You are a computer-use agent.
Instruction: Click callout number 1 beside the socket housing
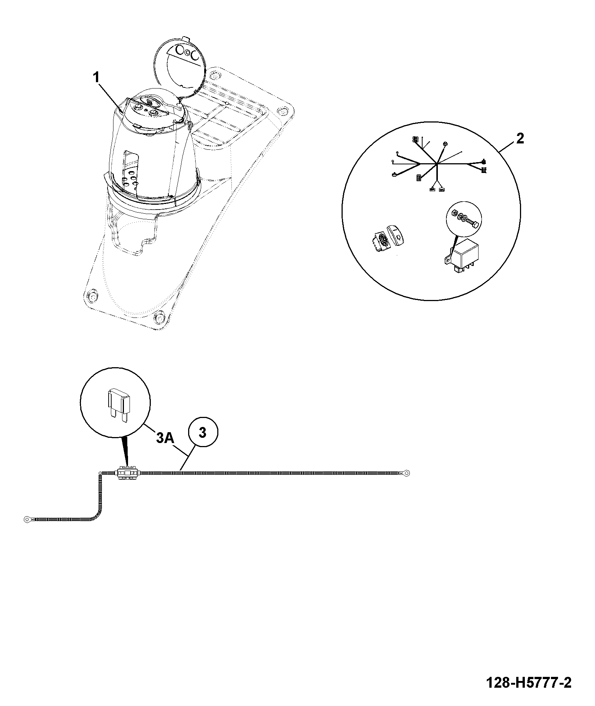(96, 78)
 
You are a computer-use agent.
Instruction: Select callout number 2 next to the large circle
(520, 139)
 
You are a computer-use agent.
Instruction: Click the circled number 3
(202, 433)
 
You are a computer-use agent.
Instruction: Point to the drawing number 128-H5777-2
(529, 683)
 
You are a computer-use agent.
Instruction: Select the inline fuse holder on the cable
(128, 473)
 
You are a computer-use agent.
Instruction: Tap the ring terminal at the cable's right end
(406, 473)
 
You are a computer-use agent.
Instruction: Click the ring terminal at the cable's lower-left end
(27, 518)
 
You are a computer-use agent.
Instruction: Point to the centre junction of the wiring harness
(436, 164)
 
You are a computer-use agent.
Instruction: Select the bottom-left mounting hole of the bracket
(91, 296)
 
